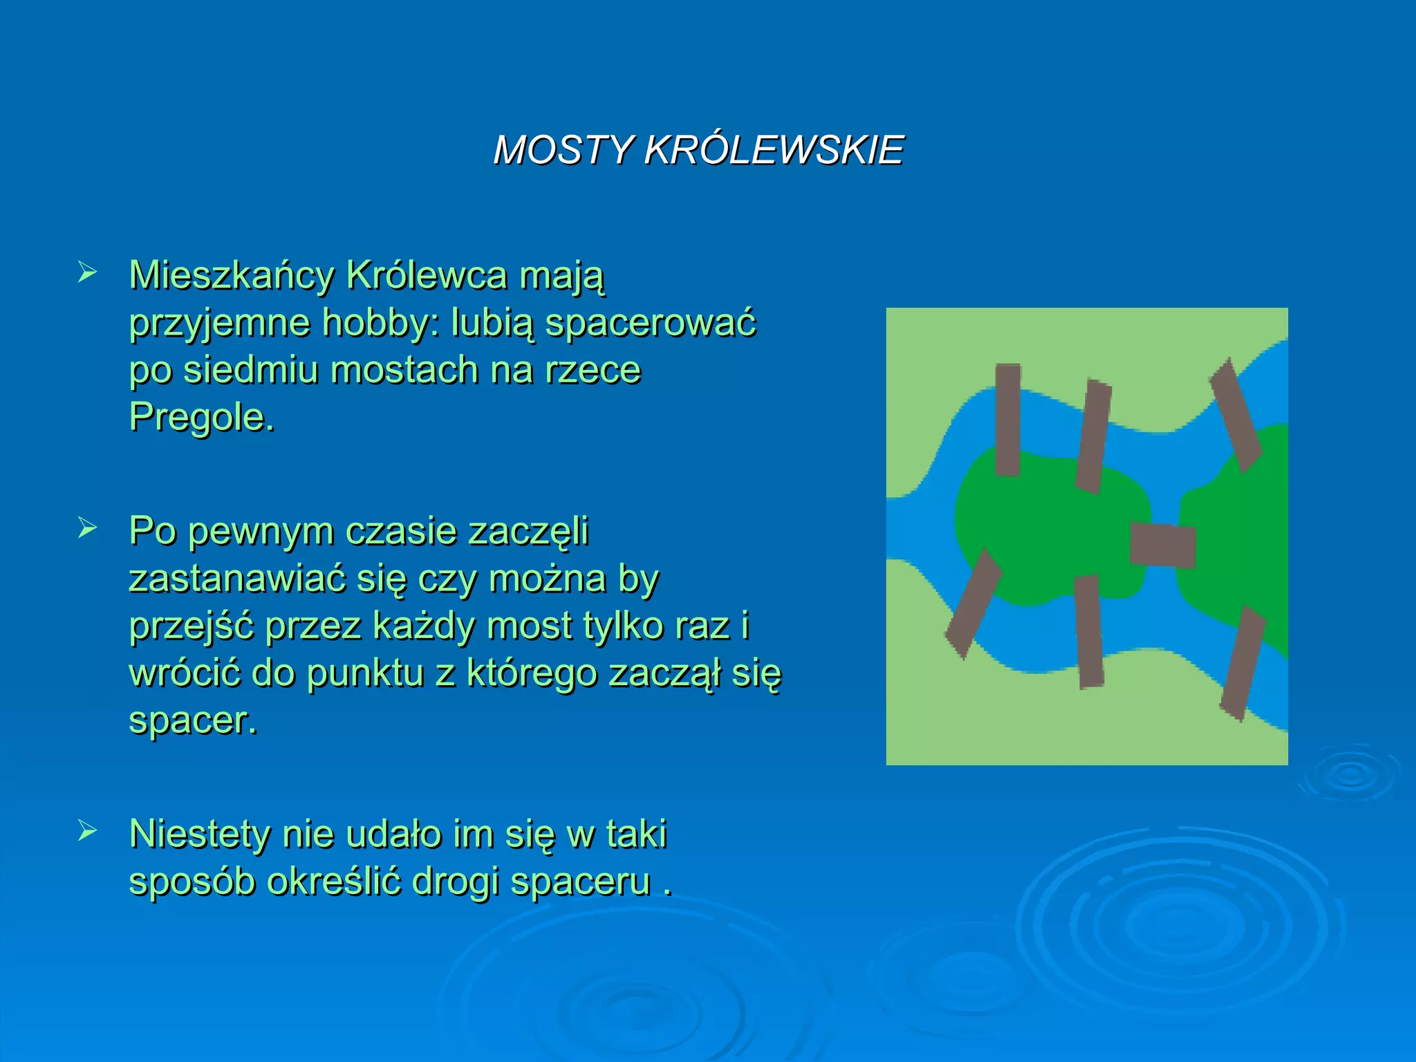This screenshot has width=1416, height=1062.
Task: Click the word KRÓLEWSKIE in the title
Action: coord(774,150)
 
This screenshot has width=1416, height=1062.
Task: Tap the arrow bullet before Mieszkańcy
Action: coord(87,272)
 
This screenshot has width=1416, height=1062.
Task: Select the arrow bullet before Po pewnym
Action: coord(87,528)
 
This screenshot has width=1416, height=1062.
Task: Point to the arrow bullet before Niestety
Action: coord(87,830)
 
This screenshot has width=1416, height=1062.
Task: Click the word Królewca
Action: coord(426,275)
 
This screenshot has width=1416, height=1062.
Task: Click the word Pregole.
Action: coord(201,417)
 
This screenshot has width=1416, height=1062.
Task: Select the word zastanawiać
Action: coord(236,579)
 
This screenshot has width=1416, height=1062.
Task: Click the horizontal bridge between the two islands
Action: coord(1162,546)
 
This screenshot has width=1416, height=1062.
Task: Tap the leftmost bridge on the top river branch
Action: coord(1008,420)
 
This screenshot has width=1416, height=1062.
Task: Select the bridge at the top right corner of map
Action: coord(1236,416)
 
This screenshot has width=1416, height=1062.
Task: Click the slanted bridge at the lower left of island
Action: coord(973,603)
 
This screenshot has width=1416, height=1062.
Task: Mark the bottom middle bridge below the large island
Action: coord(1089,631)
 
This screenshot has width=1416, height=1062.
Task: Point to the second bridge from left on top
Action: coord(1093,436)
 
